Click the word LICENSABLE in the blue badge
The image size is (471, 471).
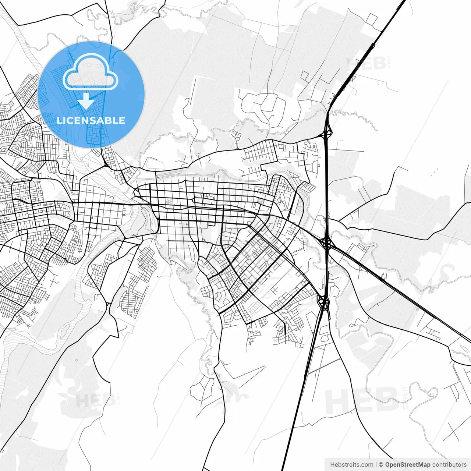[91, 120]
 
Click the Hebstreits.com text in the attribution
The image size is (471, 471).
[352, 464]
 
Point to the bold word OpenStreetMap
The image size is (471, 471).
[408, 464]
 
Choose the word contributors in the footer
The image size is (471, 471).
[449, 464]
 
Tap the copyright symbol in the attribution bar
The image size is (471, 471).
[381, 464]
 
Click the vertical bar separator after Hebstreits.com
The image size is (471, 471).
[376, 464]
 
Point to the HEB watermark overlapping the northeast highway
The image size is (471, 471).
[366, 63]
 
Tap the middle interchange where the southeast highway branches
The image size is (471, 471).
[326, 242]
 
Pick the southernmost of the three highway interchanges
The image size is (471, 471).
[324, 302]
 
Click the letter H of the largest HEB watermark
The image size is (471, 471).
[336, 401]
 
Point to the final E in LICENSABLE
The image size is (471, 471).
[121, 120]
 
